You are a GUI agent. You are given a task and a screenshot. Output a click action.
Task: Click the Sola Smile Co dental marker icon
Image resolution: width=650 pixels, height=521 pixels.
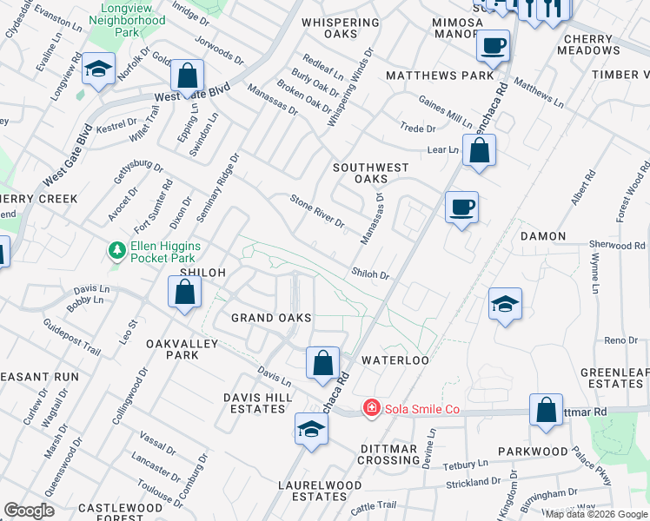[x=371, y=407]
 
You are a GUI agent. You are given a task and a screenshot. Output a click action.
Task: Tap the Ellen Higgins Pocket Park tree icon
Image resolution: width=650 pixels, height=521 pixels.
[x=116, y=251]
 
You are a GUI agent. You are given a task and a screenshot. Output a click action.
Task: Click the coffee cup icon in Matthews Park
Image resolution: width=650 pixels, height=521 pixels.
[x=494, y=45]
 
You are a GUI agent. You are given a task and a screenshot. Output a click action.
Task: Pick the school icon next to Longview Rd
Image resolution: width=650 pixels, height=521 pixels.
[x=99, y=69]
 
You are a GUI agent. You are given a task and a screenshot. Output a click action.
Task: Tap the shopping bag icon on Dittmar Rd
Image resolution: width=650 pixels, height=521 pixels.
[x=546, y=411]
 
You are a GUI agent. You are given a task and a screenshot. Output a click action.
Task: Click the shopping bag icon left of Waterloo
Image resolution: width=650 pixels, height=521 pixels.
[x=322, y=362]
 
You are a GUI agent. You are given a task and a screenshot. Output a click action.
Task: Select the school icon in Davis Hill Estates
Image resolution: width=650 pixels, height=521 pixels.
[x=311, y=428]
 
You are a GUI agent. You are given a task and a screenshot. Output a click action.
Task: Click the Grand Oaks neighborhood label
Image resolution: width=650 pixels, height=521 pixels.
[x=271, y=318]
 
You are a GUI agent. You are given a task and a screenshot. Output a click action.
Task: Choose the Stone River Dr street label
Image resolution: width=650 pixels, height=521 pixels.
[x=317, y=211]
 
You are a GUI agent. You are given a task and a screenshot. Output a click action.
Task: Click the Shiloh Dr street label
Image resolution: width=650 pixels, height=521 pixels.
[x=370, y=274]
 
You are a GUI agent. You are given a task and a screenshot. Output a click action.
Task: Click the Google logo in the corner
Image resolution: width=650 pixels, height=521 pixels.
[x=29, y=511]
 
